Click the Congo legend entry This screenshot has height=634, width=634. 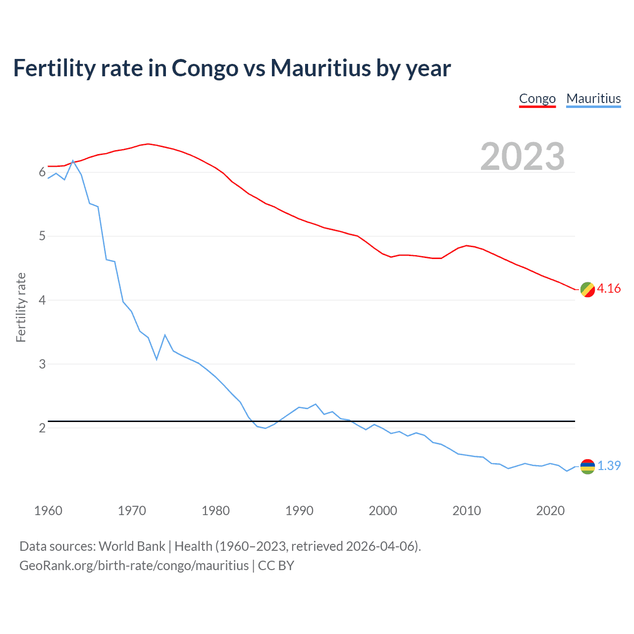tap(537, 99)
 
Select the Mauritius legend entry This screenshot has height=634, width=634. tap(593, 99)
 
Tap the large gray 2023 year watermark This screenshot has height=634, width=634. tap(522, 157)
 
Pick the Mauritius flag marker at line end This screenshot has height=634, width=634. tap(587, 467)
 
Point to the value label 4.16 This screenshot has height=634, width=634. tap(609, 289)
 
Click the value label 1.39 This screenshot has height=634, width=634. tap(609, 466)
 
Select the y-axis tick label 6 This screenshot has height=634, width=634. tap(42, 172)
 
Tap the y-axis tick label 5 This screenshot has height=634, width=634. tap(42, 236)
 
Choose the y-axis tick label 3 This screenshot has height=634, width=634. tap(42, 364)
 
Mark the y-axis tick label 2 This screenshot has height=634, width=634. tap(42, 428)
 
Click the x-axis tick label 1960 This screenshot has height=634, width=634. tap(48, 511)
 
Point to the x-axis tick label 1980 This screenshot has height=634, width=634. tap(215, 511)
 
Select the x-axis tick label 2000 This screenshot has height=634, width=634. tap(383, 511)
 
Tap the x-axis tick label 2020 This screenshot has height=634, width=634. tap(550, 511)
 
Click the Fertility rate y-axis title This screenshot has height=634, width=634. tap(21, 307)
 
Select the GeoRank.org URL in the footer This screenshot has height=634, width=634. tap(134, 566)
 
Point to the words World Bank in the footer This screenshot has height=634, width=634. tap(132, 546)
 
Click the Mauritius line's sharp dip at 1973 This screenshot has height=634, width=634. tap(157, 359)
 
